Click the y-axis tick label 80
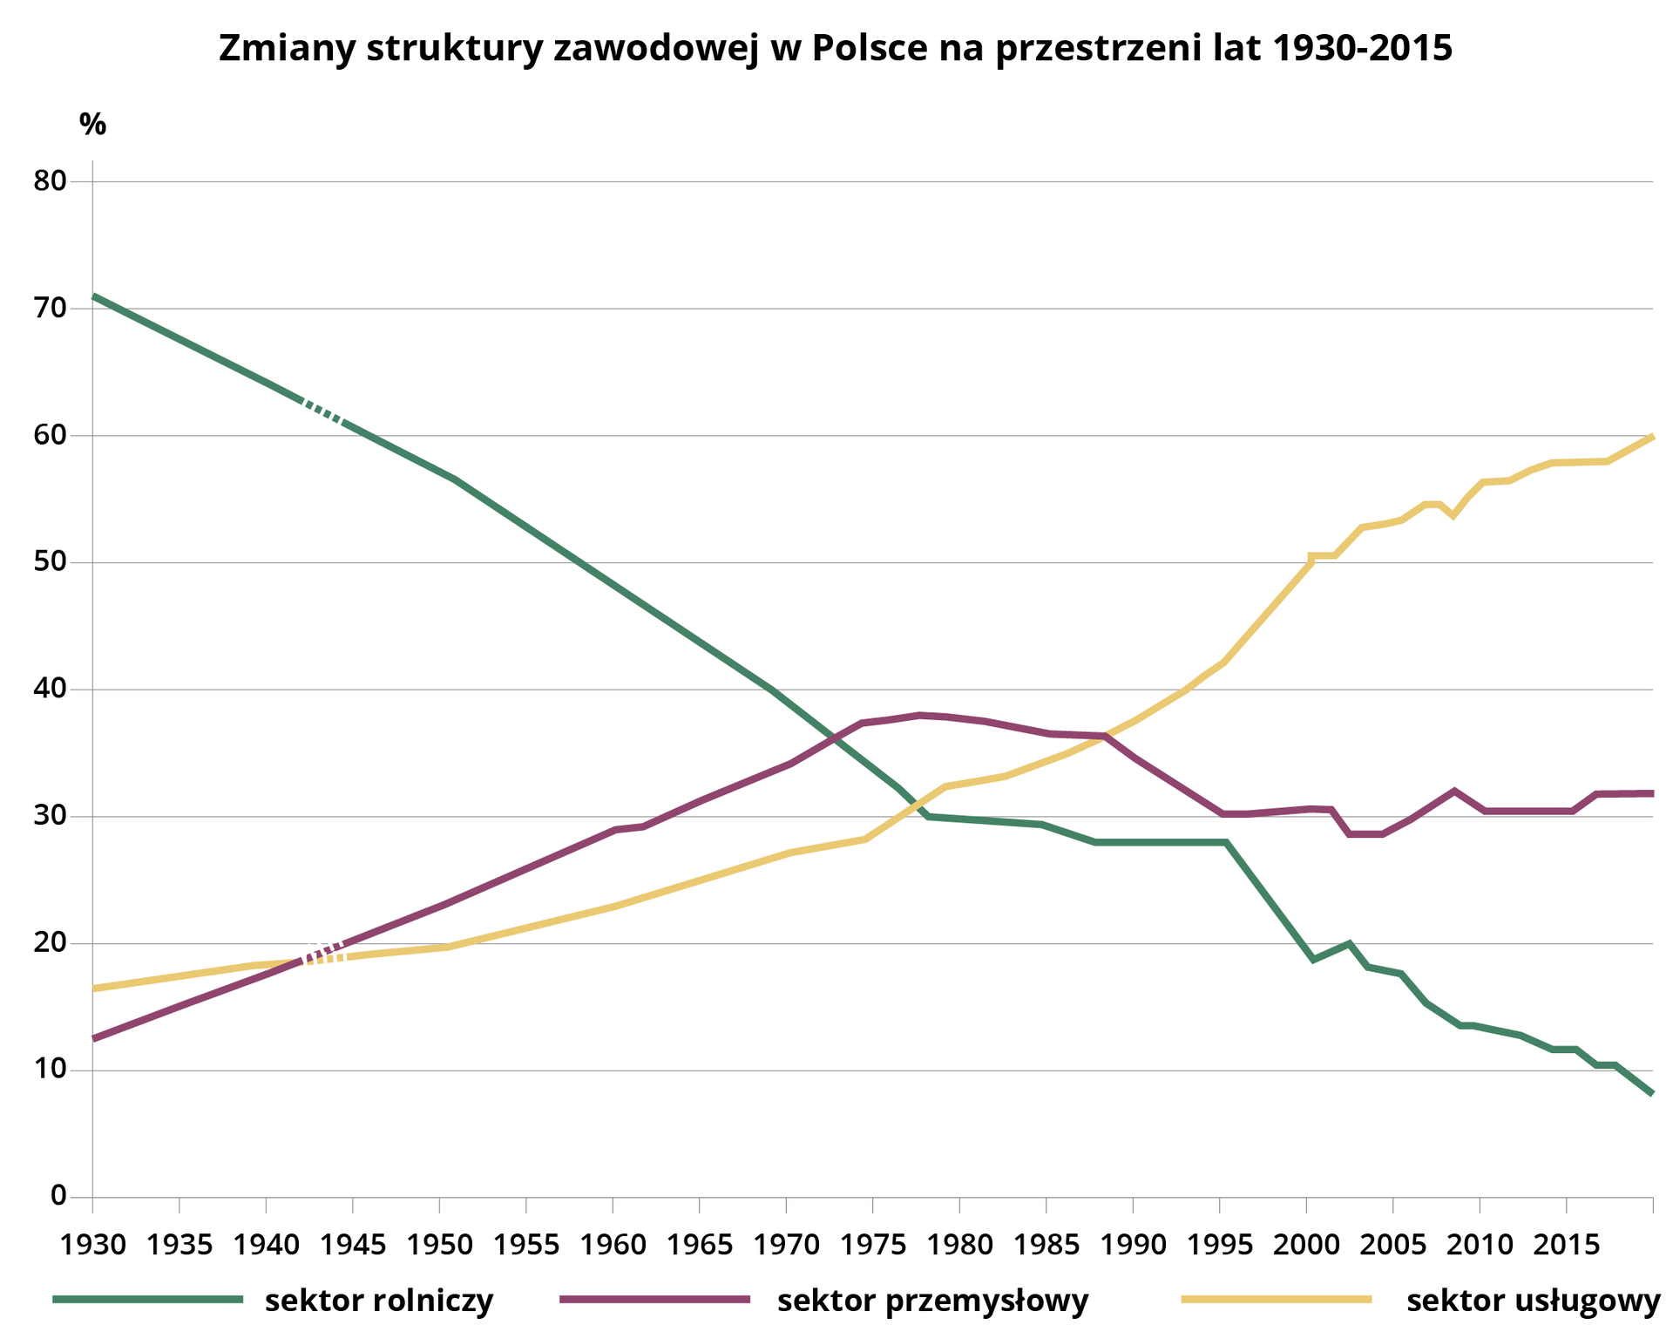click(51, 181)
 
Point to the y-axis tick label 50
click(51, 562)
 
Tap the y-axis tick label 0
click(58, 1195)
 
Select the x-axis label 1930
click(92, 1244)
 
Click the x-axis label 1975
click(872, 1244)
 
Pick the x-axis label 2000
click(1305, 1244)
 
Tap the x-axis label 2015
click(1566, 1244)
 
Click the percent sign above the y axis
click(92, 125)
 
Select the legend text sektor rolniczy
click(379, 1300)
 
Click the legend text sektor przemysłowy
click(932, 1300)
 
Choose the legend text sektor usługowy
click(1534, 1300)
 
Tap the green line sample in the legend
click(147, 1299)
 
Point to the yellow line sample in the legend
click(1276, 1299)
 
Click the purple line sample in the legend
click(654, 1299)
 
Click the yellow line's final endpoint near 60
click(1651, 437)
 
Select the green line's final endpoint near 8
click(1651, 1092)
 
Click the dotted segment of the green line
click(323, 411)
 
